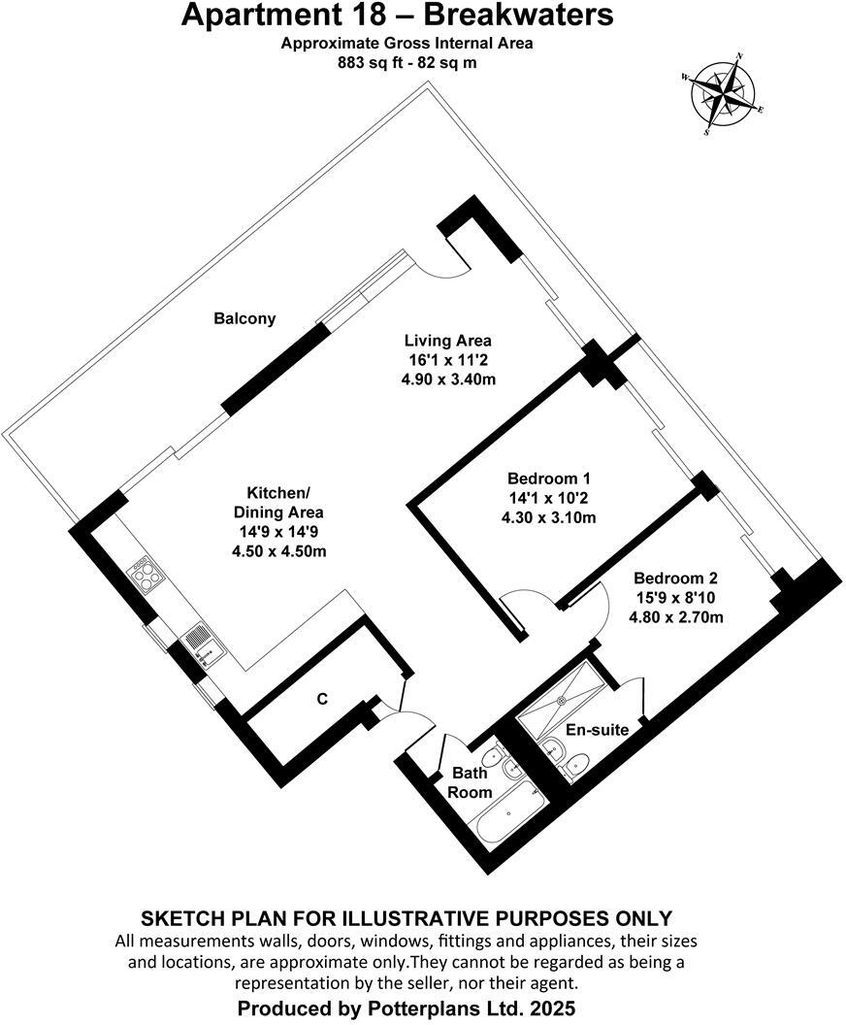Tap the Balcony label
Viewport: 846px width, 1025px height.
244,318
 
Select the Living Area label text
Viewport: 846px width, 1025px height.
447,341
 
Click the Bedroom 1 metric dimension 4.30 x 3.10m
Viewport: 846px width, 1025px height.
549,517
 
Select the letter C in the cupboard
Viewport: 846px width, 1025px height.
323,698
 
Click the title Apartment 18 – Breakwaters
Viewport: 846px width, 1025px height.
398,17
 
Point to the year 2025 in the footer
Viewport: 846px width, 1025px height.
554,1008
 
